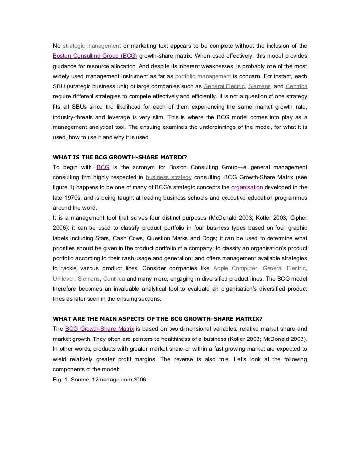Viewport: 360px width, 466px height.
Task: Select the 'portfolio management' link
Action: point(203,76)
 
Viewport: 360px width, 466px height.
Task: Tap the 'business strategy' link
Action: point(169,177)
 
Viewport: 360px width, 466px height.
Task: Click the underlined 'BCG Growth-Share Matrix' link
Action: point(99,329)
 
